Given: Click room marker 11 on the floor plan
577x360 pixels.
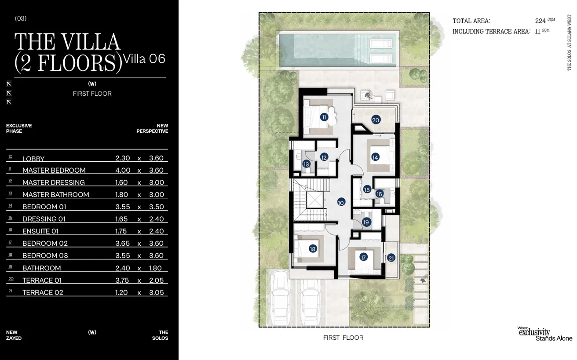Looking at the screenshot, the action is tap(324, 117).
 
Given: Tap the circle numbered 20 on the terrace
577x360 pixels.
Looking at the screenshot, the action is tap(376, 120).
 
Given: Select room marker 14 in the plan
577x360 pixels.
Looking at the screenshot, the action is tap(375, 157).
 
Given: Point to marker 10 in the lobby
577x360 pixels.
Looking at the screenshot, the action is tap(341, 203).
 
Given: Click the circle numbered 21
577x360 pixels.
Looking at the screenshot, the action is tap(391, 258).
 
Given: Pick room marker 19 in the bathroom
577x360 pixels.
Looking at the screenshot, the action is tap(366, 222).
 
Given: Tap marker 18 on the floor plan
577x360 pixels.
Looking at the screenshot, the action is tap(313, 249).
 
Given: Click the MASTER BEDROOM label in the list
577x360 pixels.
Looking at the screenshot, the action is tap(54, 170).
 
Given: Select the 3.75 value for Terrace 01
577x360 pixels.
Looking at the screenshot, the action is tap(122, 280).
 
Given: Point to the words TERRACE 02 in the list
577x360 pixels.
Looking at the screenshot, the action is tap(43, 293).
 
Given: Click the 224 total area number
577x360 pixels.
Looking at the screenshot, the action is tap(540, 21).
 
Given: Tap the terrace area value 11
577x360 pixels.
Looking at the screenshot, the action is tap(537, 32).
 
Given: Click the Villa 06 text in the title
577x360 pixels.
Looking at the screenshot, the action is tap(144, 59).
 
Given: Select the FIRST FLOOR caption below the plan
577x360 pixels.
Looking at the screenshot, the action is tap(343, 338).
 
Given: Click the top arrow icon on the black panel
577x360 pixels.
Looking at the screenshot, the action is tap(9, 84).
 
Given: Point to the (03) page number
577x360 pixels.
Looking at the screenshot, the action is tap(21, 18).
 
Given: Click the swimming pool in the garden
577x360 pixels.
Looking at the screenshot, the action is tap(338, 50).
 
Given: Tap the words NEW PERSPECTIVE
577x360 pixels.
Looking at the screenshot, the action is tap(152, 128).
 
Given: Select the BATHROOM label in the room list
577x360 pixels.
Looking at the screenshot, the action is tap(42, 268).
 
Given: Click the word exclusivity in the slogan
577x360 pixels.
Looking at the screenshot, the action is tap(534, 332).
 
